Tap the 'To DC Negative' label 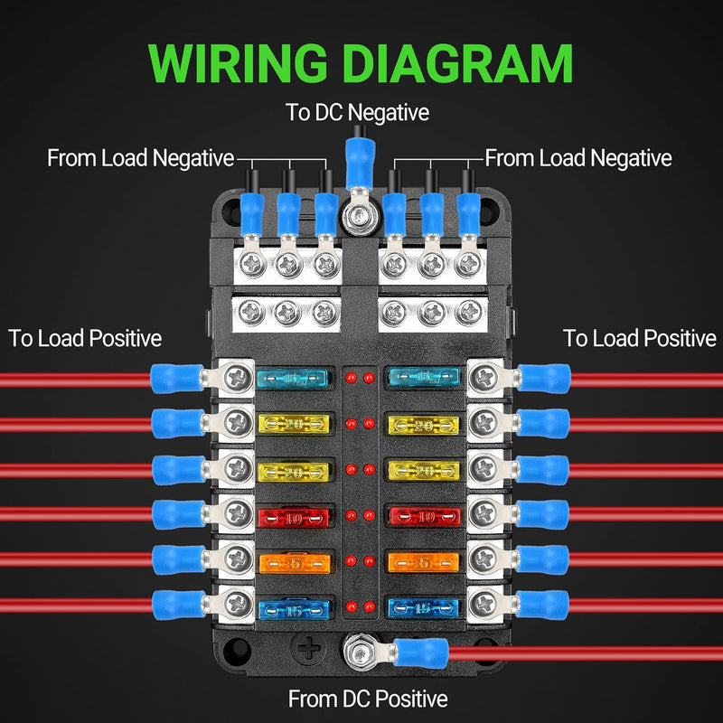[357, 113]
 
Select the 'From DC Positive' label [368, 699]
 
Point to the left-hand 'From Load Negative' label [140, 158]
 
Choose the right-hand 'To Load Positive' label [640, 338]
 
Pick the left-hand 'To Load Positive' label [85, 338]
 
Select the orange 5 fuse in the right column [424, 562]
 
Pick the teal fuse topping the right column [424, 378]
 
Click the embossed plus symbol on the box [309, 649]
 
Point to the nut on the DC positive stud [354, 649]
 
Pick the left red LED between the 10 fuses [349, 516]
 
